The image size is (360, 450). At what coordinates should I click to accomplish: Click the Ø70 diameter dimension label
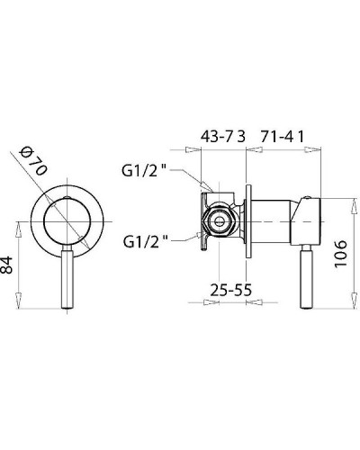click(x=33, y=161)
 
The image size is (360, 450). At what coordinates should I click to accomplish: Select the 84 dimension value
click(x=7, y=265)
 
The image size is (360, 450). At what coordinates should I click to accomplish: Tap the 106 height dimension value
click(x=341, y=254)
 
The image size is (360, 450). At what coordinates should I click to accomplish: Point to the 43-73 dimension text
click(x=223, y=137)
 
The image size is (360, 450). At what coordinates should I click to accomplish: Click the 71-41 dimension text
click(x=283, y=137)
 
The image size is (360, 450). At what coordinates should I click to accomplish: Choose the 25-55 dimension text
click(x=230, y=290)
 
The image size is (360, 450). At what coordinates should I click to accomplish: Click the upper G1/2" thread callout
click(x=144, y=171)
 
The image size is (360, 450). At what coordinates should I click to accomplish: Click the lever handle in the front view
click(x=67, y=276)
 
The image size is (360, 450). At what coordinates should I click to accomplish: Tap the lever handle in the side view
click(x=306, y=276)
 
